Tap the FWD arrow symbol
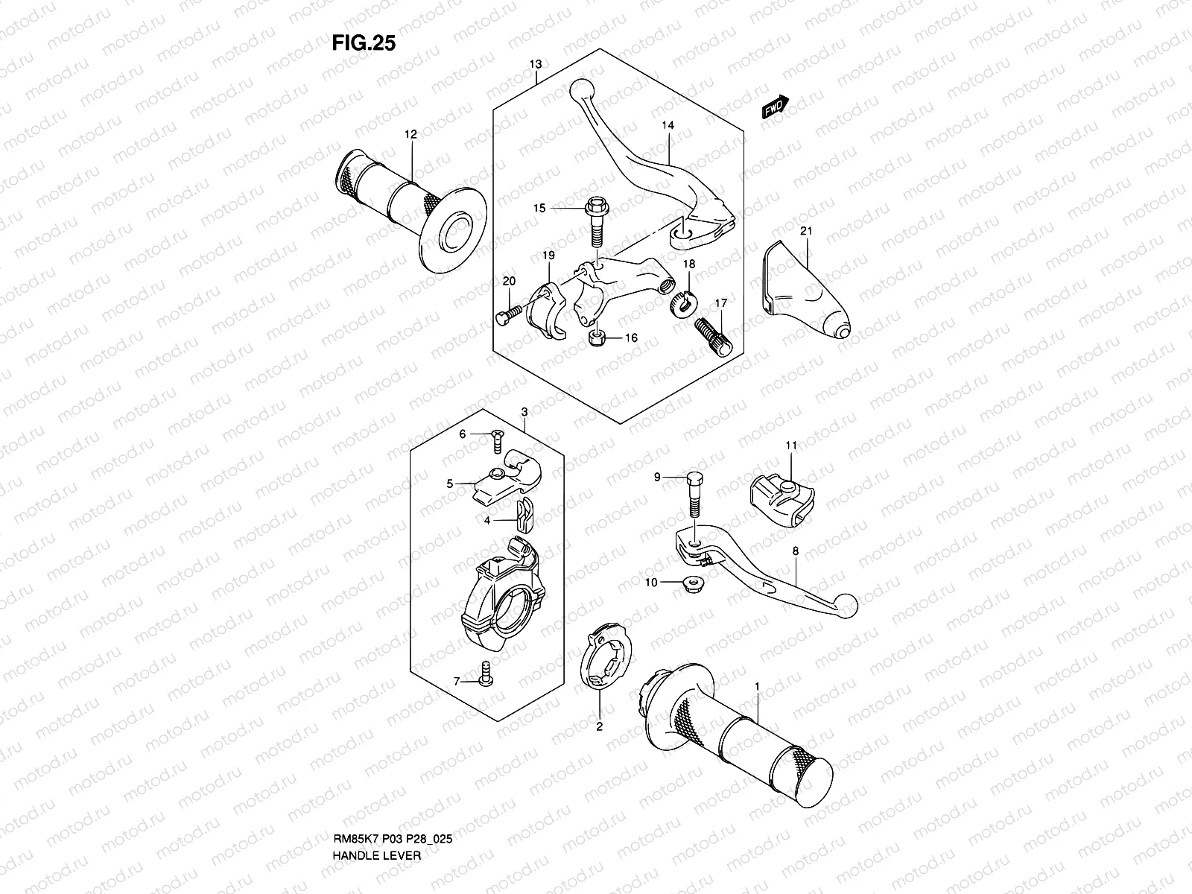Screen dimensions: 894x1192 775,107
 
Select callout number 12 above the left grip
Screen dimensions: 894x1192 410,135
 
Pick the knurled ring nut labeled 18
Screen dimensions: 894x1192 684,303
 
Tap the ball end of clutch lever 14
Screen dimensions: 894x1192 581,91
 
